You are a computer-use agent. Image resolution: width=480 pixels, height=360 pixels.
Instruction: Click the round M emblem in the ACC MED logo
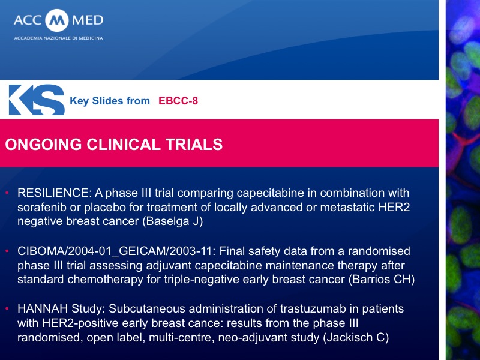coord(57,20)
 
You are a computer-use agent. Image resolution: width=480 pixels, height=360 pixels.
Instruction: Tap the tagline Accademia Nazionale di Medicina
coord(58,38)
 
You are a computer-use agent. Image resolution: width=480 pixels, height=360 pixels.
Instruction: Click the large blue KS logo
coord(37,100)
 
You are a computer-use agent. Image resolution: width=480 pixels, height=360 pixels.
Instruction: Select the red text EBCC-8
coord(178,101)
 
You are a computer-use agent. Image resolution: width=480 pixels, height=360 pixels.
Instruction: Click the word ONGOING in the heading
coord(43,145)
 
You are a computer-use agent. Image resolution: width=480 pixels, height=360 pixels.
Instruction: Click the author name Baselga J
coord(173,221)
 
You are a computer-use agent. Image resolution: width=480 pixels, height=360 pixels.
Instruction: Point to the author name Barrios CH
coord(382,280)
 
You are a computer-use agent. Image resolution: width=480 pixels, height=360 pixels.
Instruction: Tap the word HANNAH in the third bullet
coord(43,308)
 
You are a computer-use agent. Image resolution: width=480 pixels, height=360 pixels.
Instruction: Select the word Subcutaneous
coord(147,308)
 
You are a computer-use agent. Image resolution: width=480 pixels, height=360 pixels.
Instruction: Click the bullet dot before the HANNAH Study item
coord(7,309)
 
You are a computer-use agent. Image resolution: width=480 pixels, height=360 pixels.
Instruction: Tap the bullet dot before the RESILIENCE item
coord(7,193)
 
